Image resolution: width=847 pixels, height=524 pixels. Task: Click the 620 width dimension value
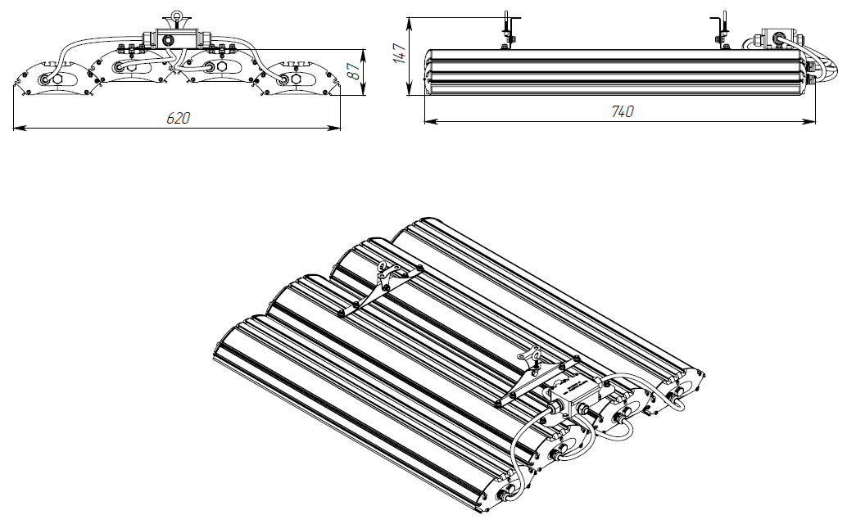178,118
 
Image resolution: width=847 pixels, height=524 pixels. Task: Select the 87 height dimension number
354,70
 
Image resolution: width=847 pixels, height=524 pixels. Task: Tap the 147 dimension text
399,53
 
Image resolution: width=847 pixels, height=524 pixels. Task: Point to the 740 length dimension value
623,111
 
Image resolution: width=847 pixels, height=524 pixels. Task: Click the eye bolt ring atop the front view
174,19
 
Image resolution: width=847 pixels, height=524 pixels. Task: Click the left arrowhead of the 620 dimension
17,128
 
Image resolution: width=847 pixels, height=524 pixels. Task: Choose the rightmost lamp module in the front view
296,79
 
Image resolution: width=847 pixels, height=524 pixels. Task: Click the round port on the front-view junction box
169,39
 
